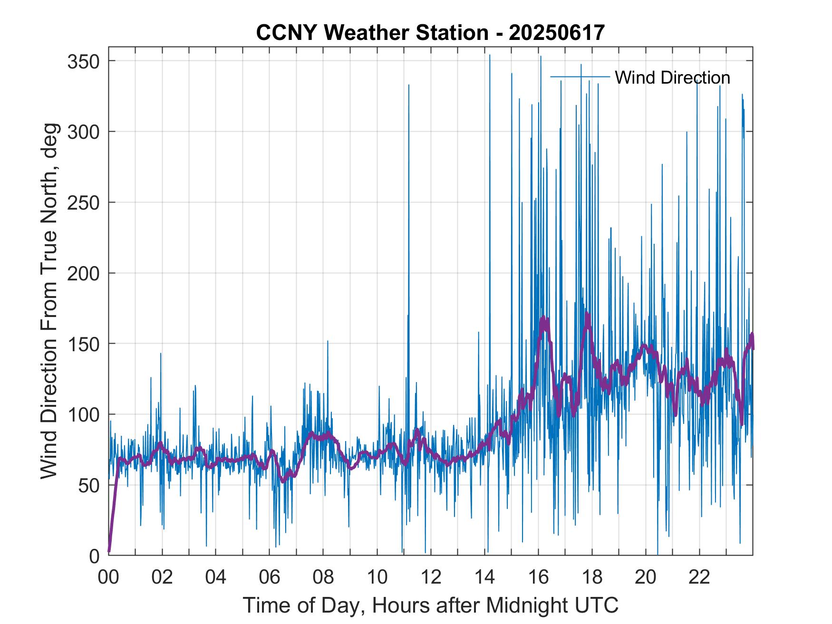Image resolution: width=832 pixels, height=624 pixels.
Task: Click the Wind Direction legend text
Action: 672,77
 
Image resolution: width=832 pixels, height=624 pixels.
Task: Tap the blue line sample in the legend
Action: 580,77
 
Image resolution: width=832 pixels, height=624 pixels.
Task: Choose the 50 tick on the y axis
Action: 89,485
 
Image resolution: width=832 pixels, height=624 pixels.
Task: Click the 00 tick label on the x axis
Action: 108,577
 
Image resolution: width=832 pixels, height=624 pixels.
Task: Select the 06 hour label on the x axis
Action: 270,577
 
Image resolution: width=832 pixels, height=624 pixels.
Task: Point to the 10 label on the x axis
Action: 377,577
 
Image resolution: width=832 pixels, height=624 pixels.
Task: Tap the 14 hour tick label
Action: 484,577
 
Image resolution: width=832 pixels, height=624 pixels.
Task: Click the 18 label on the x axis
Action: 592,577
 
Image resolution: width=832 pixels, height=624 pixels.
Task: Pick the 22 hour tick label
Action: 699,577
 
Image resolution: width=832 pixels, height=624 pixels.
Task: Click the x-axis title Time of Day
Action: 430,605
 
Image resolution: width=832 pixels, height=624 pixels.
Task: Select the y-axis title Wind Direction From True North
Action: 49,301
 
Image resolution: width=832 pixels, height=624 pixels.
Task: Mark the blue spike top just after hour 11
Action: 408,86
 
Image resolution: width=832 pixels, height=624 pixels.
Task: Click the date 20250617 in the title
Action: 556,32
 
